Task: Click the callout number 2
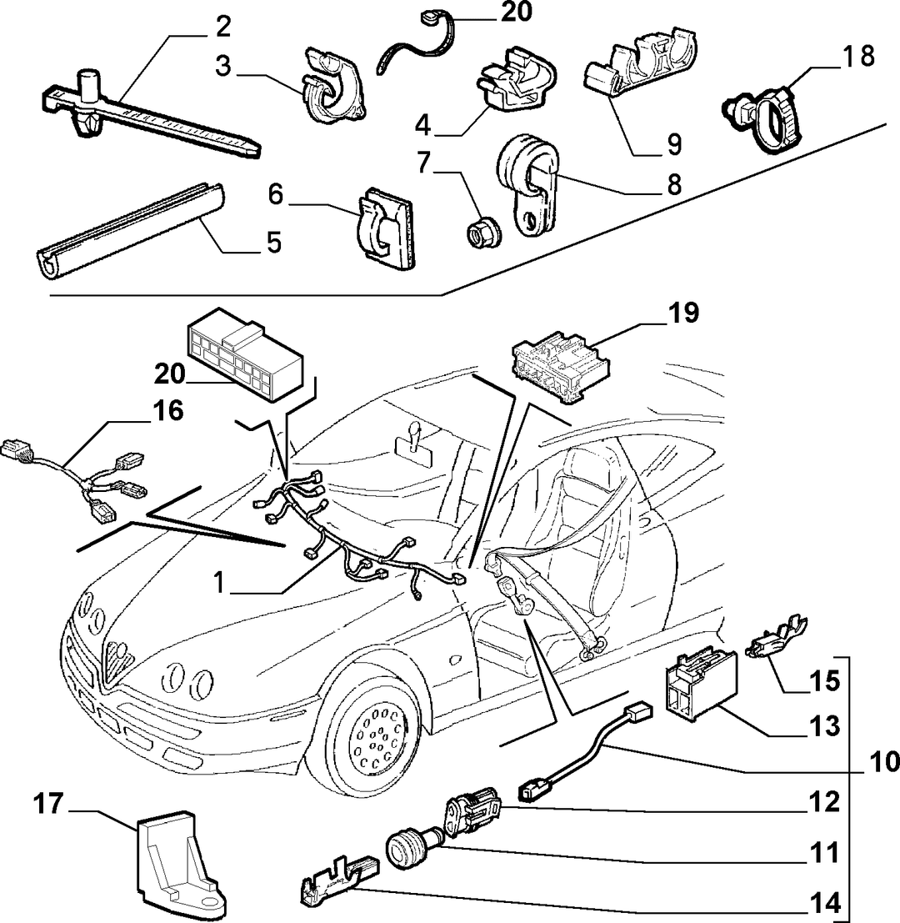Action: click(x=223, y=28)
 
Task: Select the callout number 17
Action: click(x=48, y=804)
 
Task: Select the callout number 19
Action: click(x=684, y=314)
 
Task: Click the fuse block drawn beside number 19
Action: click(x=561, y=369)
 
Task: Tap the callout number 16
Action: click(x=168, y=410)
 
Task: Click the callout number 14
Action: click(x=825, y=902)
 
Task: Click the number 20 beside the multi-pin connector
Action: click(x=170, y=374)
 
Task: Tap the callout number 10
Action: click(x=883, y=761)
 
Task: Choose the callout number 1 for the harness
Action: click(x=219, y=584)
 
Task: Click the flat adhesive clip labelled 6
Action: click(x=386, y=228)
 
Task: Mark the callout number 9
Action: click(x=674, y=144)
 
